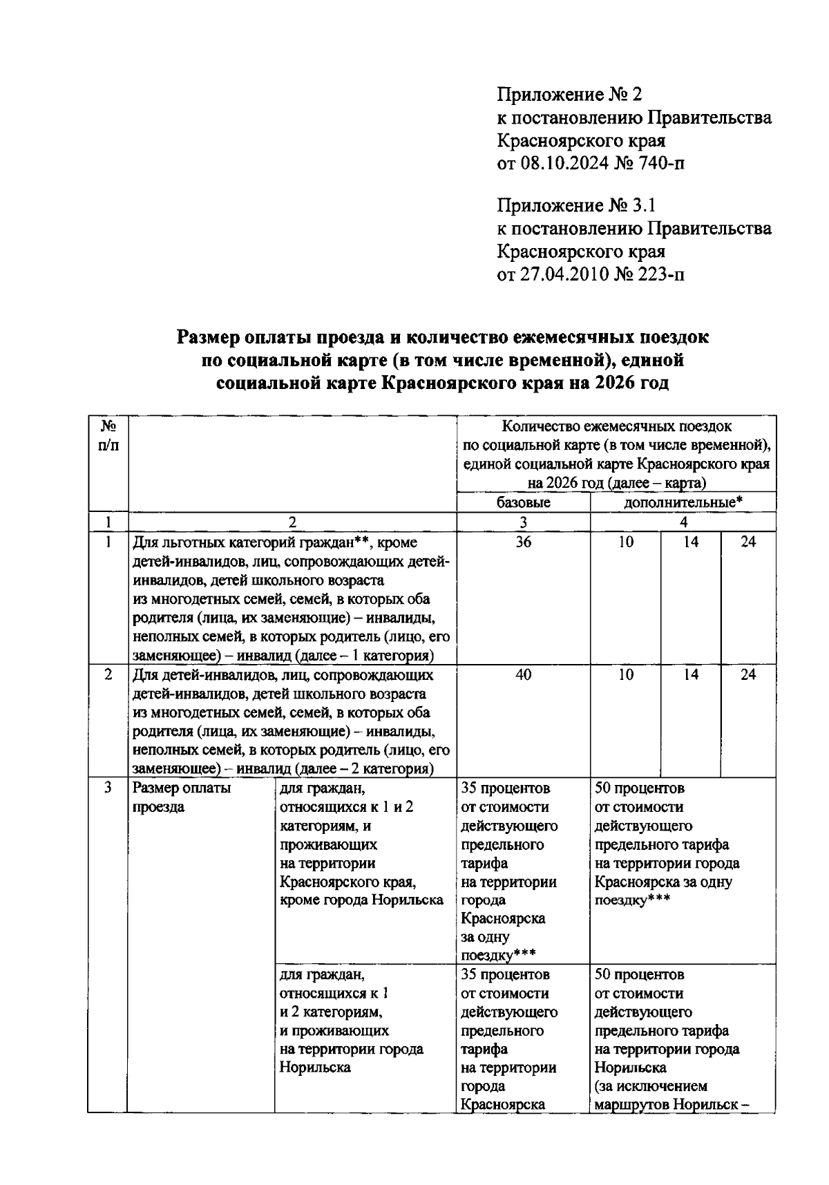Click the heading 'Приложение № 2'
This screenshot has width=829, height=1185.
tap(569, 94)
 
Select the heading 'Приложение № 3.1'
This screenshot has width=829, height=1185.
tap(575, 205)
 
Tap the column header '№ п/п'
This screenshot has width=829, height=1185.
tap(108, 436)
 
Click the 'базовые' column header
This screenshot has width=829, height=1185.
tap(523, 502)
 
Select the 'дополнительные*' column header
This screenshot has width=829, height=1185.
tap(683, 502)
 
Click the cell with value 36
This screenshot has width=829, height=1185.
tap(523, 542)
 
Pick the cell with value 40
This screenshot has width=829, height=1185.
tap(523, 674)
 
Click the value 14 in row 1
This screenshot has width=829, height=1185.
tap(691, 542)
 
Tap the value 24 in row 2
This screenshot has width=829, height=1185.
tap(748, 674)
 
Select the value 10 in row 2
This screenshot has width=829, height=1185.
tap(625, 674)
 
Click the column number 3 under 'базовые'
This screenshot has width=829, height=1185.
tap(523, 522)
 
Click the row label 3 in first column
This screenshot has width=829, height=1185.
tap(108, 788)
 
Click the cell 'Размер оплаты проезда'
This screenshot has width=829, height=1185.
tap(181, 797)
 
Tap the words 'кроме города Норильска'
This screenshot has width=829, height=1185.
tap(361, 900)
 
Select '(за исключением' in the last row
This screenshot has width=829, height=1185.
tap(650, 1086)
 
